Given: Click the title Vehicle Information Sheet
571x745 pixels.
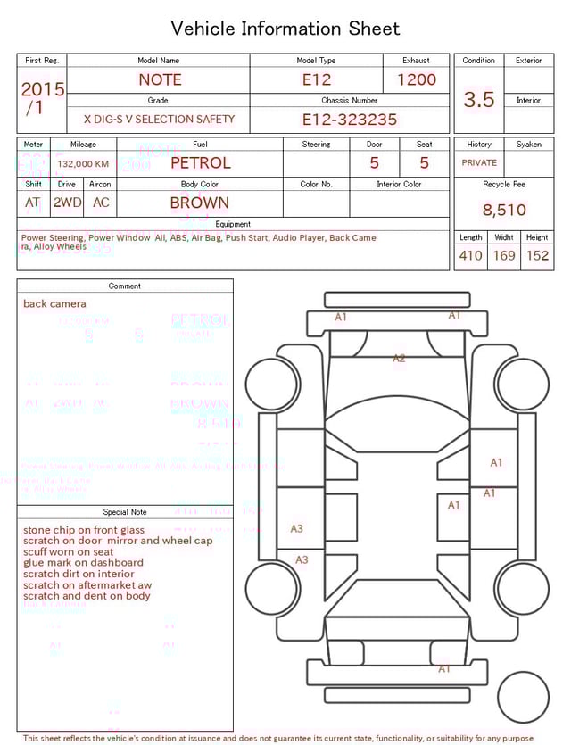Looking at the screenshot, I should coord(285,29).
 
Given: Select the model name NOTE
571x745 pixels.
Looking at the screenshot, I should coord(160,79).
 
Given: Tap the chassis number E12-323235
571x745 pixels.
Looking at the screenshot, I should coord(349,120).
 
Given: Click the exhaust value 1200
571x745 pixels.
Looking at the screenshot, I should coord(417,79).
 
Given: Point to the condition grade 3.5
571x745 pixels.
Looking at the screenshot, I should coord(479,100).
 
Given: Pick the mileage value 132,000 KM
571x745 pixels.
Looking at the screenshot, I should coord(83,164).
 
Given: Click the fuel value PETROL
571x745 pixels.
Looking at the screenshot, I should coord(200,163).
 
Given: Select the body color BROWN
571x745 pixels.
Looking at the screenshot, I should coord(200,203).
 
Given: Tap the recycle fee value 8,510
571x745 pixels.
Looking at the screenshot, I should coord(504,211).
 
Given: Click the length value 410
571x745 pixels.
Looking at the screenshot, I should coord(470,256).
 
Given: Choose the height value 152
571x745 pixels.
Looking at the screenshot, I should coord(537,256).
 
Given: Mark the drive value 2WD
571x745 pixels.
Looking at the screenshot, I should coord(67,203).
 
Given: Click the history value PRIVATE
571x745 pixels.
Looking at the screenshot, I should coord(479,163).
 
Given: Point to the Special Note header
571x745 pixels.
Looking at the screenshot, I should coord(125,512).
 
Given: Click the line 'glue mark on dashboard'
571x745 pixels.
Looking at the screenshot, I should coord(83,563).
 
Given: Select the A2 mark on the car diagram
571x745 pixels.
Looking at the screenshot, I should coord(399,359).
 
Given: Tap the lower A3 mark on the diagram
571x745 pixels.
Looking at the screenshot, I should coord(302,559).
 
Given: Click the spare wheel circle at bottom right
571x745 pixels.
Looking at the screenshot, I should coord(524,697).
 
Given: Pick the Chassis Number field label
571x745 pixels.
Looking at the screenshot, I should coord(350,101).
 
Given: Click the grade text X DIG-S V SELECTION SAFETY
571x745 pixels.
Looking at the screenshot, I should coord(159,120).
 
